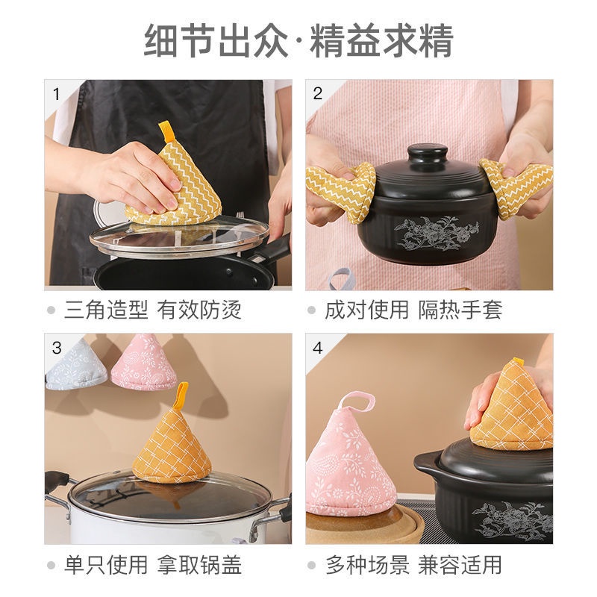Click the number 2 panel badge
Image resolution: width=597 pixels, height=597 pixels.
click(318, 93)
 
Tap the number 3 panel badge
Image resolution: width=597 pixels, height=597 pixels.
click(57, 347)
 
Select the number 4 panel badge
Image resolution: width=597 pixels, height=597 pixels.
click(318, 347)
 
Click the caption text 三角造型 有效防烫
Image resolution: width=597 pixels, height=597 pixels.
click(152, 310)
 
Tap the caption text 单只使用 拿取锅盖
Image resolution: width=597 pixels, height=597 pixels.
click(152, 564)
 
